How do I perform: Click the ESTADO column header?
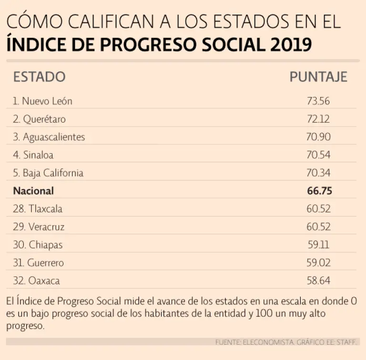tap(39, 77)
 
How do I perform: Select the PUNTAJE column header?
tap(318, 77)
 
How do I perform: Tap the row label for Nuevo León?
tap(42, 101)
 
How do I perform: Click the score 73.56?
tap(318, 101)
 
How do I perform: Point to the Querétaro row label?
tap(39, 119)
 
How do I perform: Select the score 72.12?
tap(318, 119)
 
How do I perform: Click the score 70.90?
tap(318, 137)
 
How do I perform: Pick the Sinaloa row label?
tap(33, 155)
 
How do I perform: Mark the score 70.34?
tap(318, 173)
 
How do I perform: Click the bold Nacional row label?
tap(33, 191)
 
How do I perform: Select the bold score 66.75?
tap(319, 191)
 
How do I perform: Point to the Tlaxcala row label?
tap(38, 209)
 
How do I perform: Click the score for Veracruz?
tap(318, 226)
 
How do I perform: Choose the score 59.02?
tap(319, 263)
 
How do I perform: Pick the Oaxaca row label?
tap(36, 281)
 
